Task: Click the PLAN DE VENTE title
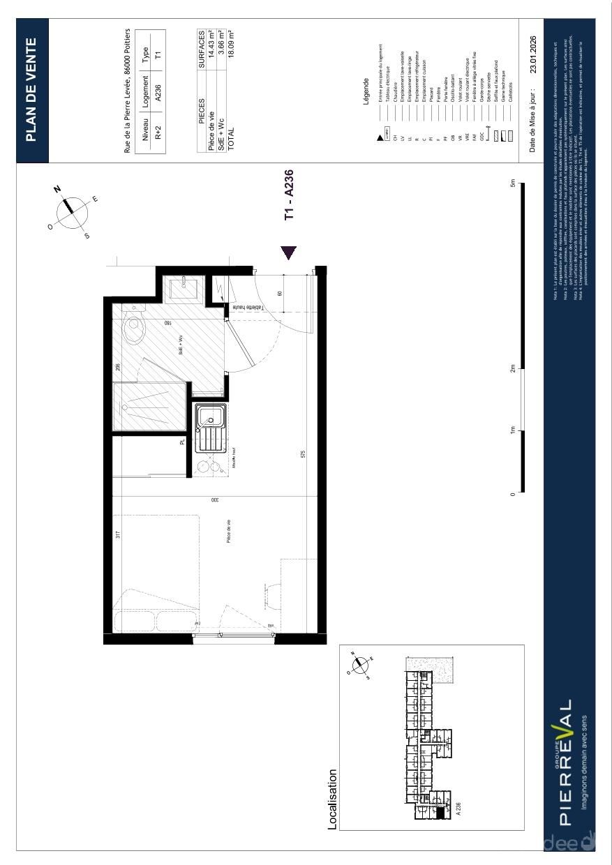(31, 91)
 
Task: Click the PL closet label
(183, 442)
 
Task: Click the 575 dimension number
(304, 454)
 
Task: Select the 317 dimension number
(118, 535)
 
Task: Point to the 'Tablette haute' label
(247, 308)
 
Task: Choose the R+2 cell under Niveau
(158, 135)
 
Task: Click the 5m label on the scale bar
(513, 185)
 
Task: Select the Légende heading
(366, 93)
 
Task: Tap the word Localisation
(332, 799)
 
